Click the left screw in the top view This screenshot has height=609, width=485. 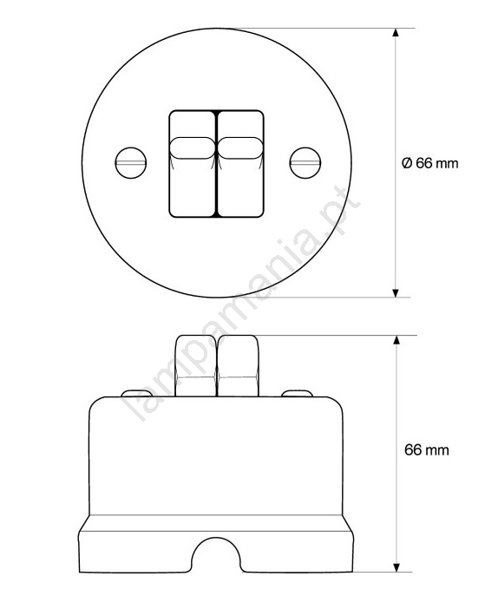pyautogui.click(x=131, y=163)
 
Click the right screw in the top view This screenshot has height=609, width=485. pyautogui.click(x=305, y=163)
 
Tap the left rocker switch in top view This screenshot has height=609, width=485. pyautogui.click(x=193, y=163)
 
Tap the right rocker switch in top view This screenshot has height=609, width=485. pyautogui.click(x=240, y=163)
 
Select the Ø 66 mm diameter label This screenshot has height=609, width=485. pyautogui.click(x=429, y=163)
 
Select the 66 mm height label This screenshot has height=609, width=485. pyautogui.click(x=426, y=450)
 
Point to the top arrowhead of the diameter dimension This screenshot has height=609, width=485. pyautogui.click(x=396, y=32)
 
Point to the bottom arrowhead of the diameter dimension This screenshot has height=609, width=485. pyautogui.click(x=396, y=293)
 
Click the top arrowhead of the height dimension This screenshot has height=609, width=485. pyautogui.click(x=397, y=339)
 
